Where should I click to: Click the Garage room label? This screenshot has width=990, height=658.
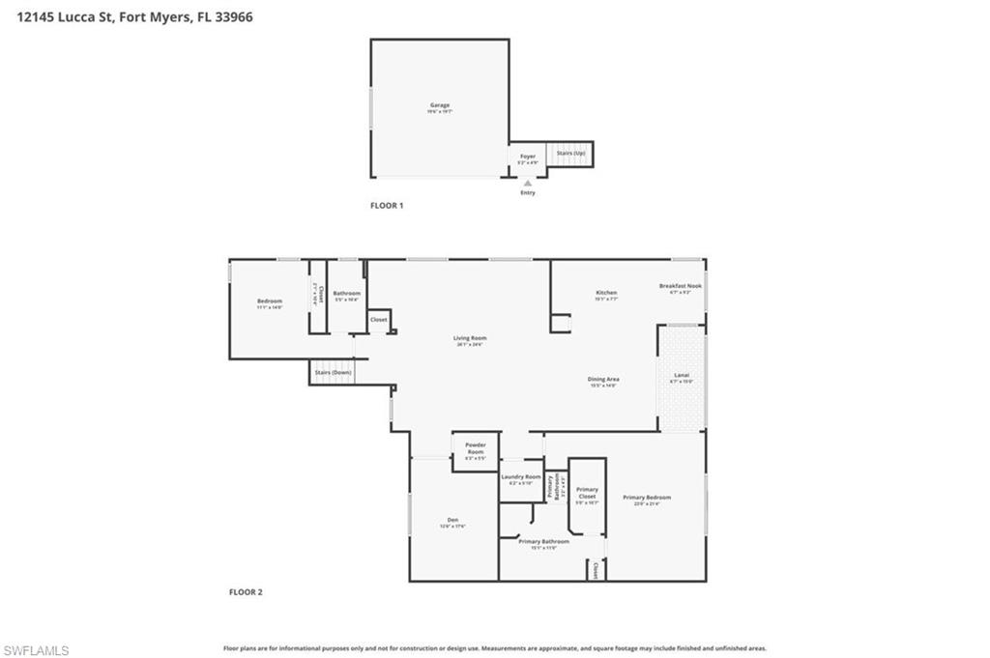click(x=440, y=105)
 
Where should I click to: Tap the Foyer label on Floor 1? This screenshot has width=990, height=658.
click(x=528, y=157)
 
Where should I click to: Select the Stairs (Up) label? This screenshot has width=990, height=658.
click(x=569, y=153)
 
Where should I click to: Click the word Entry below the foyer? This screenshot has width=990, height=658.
click(x=528, y=192)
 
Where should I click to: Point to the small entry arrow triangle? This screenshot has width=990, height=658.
click(x=527, y=183)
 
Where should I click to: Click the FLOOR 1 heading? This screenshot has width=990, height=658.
click(x=387, y=206)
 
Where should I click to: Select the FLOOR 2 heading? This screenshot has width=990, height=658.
click(x=246, y=592)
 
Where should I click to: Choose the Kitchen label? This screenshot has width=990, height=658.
click(x=606, y=293)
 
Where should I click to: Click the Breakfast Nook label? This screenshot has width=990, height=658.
click(x=681, y=286)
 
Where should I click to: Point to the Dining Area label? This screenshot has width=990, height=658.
click(x=603, y=379)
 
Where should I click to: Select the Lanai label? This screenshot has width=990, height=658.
click(x=682, y=375)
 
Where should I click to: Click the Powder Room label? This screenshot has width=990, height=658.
click(x=475, y=448)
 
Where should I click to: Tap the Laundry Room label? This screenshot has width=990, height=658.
click(x=520, y=477)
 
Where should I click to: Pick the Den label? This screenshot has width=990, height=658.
click(x=452, y=520)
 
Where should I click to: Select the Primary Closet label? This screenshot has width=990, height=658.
click(x=587, y=493)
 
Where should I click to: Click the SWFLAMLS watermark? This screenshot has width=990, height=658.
click(x=37, y=650)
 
